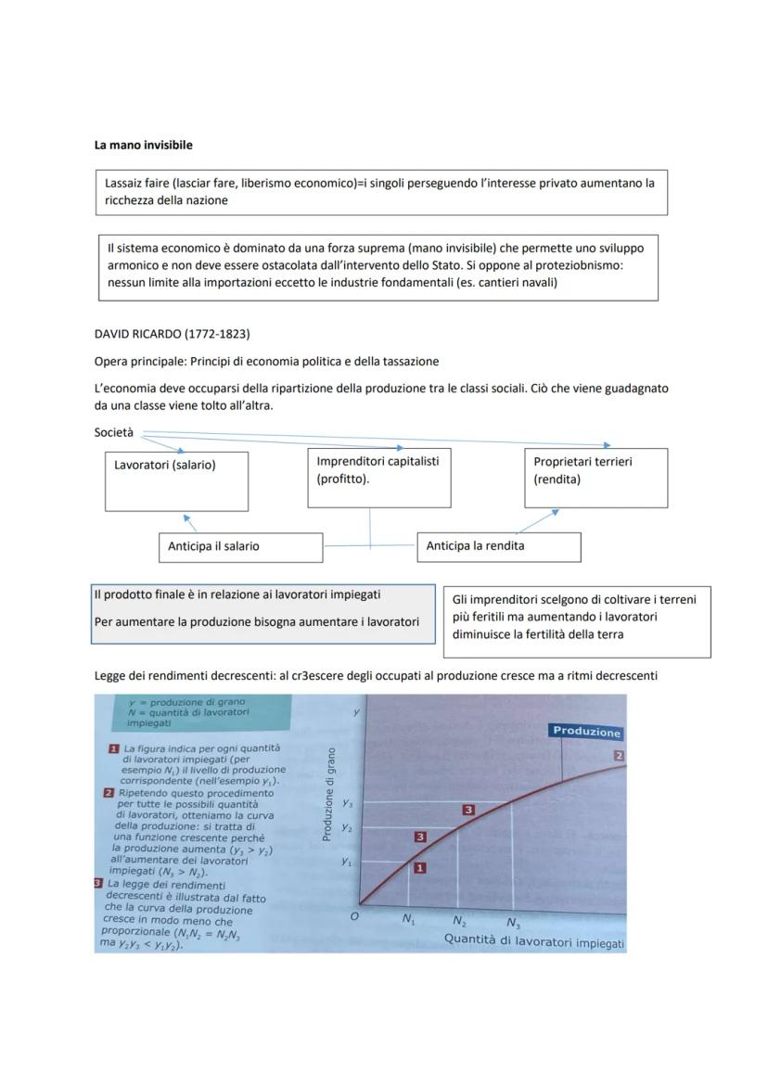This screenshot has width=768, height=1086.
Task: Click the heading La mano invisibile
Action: tap(144, 145)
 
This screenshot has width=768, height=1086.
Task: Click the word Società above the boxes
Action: tap(114, 432)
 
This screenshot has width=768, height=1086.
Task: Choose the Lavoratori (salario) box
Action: tap(176, 481)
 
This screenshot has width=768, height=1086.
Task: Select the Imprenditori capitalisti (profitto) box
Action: tap(379, 478)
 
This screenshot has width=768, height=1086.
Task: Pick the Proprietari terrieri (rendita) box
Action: tap(595, 478)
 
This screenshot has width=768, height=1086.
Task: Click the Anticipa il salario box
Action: tap(240, 547)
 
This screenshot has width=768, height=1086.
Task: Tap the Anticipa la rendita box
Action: tap(499, 546)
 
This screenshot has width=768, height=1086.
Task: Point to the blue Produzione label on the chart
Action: tap(586, 732)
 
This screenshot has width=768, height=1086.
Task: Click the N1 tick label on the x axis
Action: tap(408, 919)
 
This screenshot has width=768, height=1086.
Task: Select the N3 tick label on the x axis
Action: tap(513, 924)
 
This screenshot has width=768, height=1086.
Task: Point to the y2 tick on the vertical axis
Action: tap(346, 826)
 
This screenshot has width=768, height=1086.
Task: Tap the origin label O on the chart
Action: tap(353, 916)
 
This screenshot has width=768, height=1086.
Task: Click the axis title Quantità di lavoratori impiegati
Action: tap(534, 943)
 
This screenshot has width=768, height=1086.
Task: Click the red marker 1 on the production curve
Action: tap(419, 868)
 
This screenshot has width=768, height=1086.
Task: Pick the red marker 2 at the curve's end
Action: tap(620, 756)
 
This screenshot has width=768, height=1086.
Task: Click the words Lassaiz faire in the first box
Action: tap(138, 184)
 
